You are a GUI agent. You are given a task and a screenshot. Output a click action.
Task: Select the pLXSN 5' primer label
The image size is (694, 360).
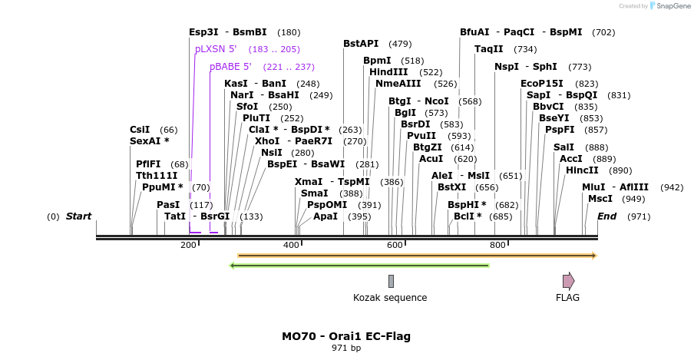tap(216, 49)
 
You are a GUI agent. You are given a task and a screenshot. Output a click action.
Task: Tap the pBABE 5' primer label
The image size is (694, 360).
tap(230, 67)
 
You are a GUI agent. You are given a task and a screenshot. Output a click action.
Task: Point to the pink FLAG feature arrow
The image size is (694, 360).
tap(568, 281)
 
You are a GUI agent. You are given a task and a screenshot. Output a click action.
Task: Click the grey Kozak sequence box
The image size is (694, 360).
tap(391, 281)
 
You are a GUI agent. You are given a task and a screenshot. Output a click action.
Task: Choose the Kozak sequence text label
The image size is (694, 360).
tap(390, 298)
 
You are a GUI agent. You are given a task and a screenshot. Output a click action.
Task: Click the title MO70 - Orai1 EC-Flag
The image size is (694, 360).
tap(346, 336)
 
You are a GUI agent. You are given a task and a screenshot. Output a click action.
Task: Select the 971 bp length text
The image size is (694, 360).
tap(346, 348)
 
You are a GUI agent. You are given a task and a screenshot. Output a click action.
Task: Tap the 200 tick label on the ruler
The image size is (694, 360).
tap(188, 246)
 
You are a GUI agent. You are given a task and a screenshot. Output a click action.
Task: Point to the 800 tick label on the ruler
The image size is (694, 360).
tap(497, 246)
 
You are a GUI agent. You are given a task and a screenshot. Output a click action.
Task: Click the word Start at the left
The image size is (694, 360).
tap(78, 216)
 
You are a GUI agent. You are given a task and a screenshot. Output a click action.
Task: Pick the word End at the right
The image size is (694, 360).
tap(607, 216)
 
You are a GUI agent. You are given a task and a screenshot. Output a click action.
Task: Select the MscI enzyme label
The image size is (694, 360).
tap(600, 199)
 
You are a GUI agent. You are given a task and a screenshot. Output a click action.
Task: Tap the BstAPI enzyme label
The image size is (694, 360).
tap(361, 44)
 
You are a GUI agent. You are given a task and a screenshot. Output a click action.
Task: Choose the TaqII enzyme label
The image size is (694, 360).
tap(489, 49)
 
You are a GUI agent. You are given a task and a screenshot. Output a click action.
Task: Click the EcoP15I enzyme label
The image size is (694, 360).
tap(542, 84)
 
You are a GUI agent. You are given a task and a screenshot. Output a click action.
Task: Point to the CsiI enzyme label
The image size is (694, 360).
tap(140, 130)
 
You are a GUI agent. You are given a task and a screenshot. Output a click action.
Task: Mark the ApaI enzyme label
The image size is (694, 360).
tap(326, 216)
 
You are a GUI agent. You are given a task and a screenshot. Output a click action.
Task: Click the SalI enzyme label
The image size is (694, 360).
tap(563, 147)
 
